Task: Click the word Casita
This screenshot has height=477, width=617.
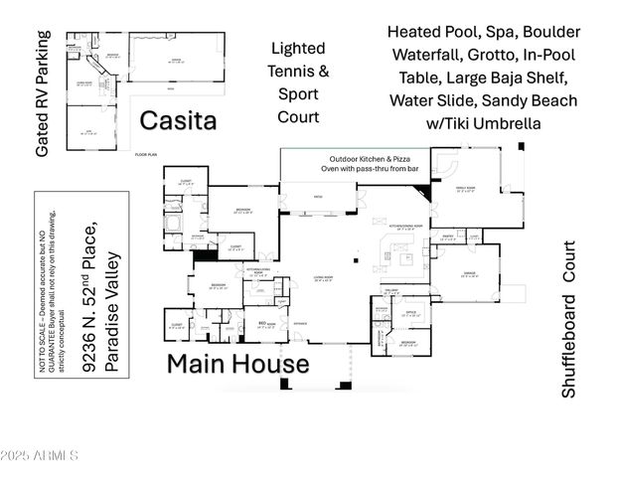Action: coord(178,121)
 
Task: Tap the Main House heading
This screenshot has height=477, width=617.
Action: coord(237,363)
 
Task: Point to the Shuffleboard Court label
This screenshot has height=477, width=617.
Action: coord(569,319)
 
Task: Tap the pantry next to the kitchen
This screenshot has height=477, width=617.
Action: coord(447,237)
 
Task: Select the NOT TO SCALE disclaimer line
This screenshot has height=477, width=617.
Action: coord(73,283)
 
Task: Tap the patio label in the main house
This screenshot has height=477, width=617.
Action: coord(318,197)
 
